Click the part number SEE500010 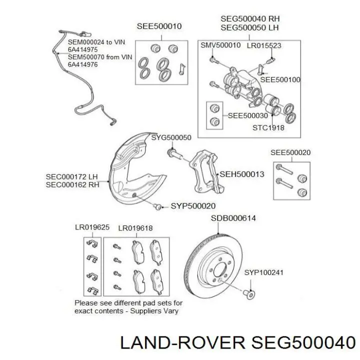pyautogui.click(x=159, y=26)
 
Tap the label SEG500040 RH pyautogui.click(x=250, y=18)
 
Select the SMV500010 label pyautogui.click(x=220, y=45)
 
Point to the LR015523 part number pyautogui.click(x=264, y=45)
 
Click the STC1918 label pyautogui.click(x=268, y=127)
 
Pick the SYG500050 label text pyautogui.click(x=171, y=137)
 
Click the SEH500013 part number pyautogui.click(x=242, y=174)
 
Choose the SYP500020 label pyautogui.click(x=193, y=205)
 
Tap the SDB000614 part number pyautogui.click(x=233, y=218)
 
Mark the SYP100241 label pyautogui.click(x=264, y=272)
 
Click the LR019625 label pyautogui.click(x=92, y=227)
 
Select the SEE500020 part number pyautogui.click(x=290, y=152)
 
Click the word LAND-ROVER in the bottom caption pyautogui.click(x=182, y=343)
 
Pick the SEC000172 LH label pyautogui.click(x=72, y=177)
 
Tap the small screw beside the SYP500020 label pyautogui.click(x=157, y=206)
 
